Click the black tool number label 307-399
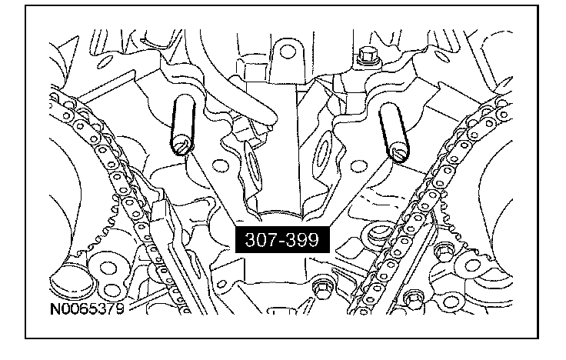pyautogui.click(x=282, y=239)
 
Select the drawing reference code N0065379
pyautogui.click(x=87, y=308)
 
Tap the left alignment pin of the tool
pyautogui.click(x=183, y=125)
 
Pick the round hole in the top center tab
pyautogui.click(x=288, y=52)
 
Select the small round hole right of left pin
pyautogui.click(x=220, y=165)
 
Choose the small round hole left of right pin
pyautogui.click(x=358, y=166)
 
